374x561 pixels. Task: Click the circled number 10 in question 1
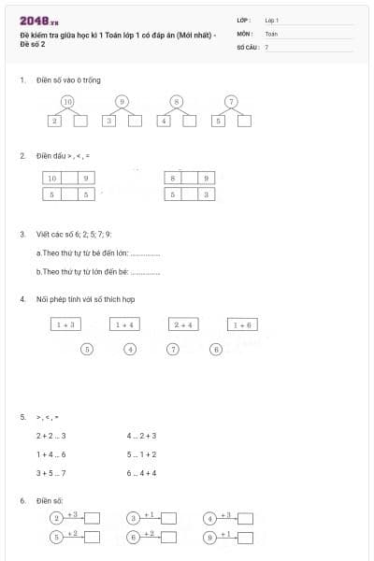click(x=66, y=101)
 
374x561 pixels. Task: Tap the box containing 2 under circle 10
click(x=55, y=121)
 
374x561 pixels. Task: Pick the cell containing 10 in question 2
click(x=51, y=178)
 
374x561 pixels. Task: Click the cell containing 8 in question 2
click(x=172, y=178)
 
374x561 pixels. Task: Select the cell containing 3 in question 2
click(x=207, y=194)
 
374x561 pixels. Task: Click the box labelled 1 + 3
click(x=65, y=324)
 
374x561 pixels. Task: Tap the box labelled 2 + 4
click(x=183, y=324)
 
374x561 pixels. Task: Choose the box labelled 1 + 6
click(x=242, y=324)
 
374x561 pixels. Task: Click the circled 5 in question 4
click(x=87, y=349)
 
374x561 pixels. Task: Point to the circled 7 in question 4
click(x=173, y=349)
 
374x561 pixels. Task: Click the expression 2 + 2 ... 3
click(x=50, y=436)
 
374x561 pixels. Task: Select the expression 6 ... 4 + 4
click(x=141, y=473)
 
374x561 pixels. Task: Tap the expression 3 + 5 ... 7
click(x=50, y=473)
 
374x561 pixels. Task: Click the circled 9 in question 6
click(x=210, y=537)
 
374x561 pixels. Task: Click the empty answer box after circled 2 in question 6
click(x=93, y=517)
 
